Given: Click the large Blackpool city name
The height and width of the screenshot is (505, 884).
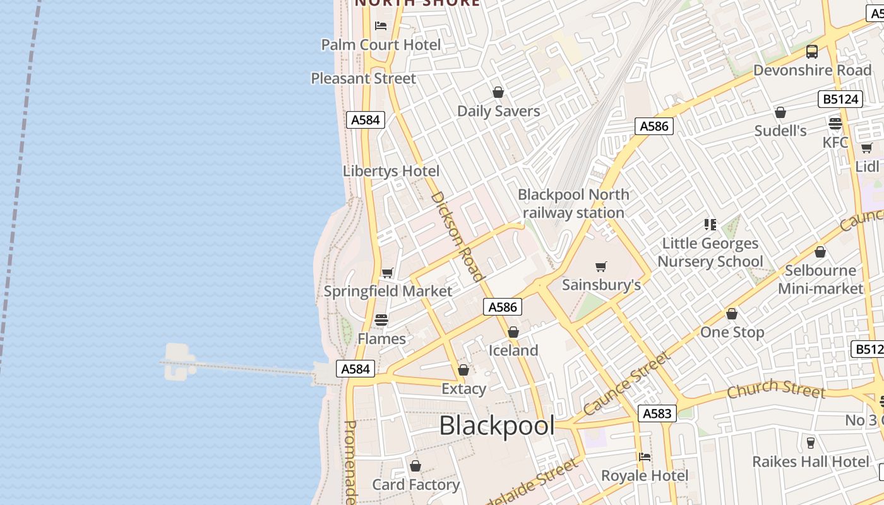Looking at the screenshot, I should (x=496, y=425).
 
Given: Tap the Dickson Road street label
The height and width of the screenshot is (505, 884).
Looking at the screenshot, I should (x=457, y=236).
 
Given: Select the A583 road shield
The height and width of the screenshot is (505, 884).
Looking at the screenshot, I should (x=657, y=413).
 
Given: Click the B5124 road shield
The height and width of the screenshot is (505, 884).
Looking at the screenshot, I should (x=840, y=99).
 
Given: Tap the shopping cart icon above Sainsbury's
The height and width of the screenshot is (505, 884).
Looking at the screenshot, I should (x=601, y=267).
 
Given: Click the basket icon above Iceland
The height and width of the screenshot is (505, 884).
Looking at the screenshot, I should (x=513, y=332).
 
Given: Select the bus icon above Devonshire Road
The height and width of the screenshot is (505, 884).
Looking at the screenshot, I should (x=812, y=52).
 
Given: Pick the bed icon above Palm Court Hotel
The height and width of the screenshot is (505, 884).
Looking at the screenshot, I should (x=381, y=26).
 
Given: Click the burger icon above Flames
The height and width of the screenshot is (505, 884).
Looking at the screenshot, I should (x=381, y=320).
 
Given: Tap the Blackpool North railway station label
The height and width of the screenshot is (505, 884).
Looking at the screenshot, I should (x=573, y=203).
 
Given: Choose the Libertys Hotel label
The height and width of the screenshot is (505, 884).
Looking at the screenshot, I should (x=391, y=171).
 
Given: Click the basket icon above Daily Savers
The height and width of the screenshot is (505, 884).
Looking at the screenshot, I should (x=498, y=93).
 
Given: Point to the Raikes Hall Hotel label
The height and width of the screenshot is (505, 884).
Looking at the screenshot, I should (x=811, y=461).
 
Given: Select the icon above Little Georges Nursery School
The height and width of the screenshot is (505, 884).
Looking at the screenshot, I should (x=710, y=225).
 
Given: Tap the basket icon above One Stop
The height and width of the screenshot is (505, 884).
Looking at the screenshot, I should (x=732, y=314).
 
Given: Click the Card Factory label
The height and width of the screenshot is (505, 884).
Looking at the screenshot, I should (x=415, y=485).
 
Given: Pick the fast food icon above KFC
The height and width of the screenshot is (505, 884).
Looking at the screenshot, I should (x=835, y=123).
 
